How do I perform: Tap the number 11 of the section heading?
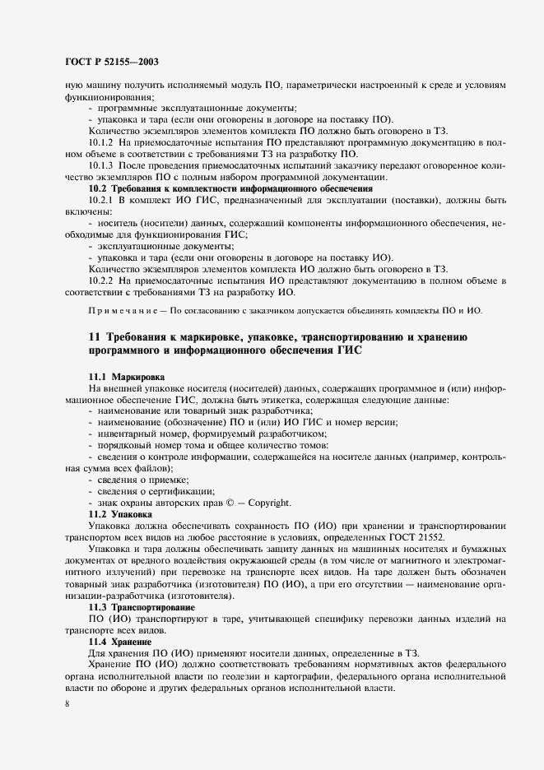[x=93, y=337]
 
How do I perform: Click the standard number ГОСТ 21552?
[x=422, y=536]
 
